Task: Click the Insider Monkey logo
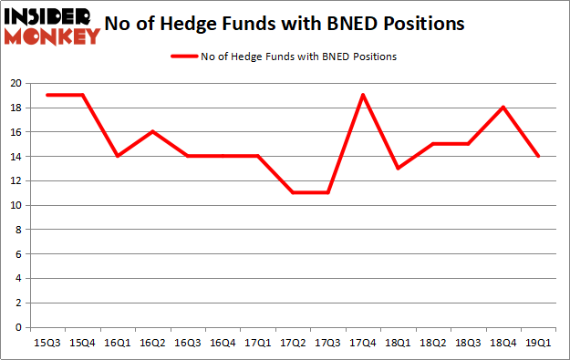pos(53,26)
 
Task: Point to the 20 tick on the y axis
pos(16,83)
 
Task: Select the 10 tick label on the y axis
pos(16,205)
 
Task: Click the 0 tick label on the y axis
pos(18,327)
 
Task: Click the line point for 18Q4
pos(503,108)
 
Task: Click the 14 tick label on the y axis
pos(16,156)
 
